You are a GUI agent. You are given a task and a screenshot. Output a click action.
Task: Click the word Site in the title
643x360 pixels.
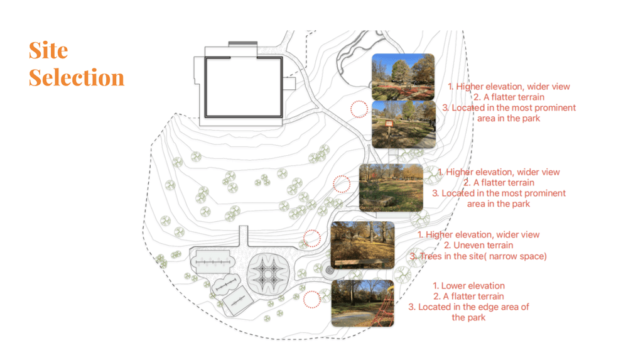pos(48,51)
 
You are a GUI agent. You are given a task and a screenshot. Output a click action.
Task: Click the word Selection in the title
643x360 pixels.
pos(77,78)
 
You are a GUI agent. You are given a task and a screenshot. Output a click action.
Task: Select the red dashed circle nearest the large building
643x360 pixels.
pos(359,109)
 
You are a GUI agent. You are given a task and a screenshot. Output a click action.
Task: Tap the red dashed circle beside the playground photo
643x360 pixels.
pos(312,299)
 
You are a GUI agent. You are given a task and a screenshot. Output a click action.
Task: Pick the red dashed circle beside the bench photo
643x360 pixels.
pos(312,239)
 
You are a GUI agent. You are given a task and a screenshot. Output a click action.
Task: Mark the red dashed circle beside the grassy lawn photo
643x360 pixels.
pos(342,184)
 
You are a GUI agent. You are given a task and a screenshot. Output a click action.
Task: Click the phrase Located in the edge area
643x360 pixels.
pos(468,307)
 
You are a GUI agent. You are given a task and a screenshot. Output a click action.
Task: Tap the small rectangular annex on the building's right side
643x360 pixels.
pos(289,84)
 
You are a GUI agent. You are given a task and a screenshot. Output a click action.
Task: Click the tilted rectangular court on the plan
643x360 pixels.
pos(238,300)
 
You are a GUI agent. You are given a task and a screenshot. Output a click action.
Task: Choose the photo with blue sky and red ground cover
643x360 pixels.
pos(403,77)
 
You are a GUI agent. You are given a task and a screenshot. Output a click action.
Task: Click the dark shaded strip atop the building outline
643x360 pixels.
pos(242,43)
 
